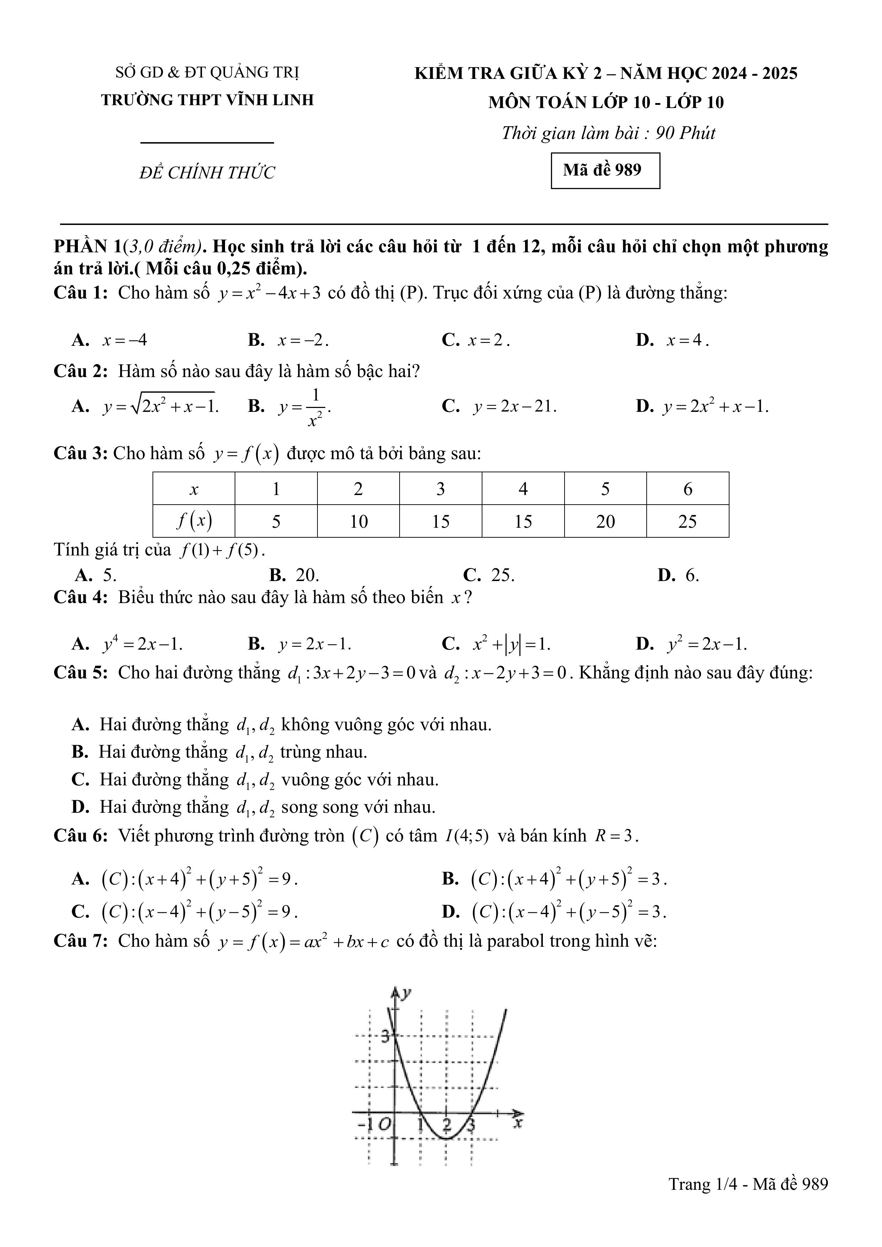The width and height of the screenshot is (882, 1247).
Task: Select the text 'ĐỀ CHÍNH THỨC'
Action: point(207,173)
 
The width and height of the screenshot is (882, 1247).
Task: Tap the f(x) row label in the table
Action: point(194,521)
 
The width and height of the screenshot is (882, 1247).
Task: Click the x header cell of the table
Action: point(194,489)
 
